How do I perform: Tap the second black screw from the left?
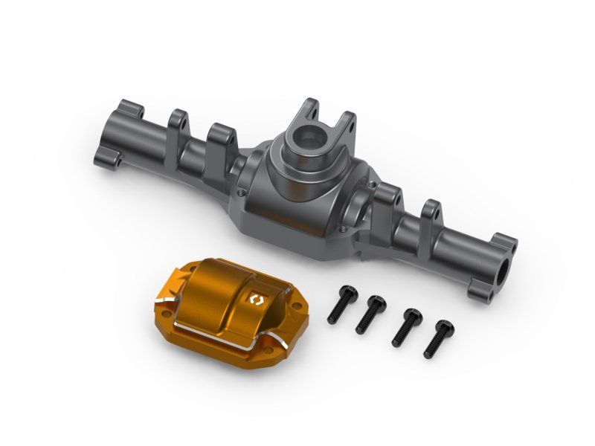click(370, 313)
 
